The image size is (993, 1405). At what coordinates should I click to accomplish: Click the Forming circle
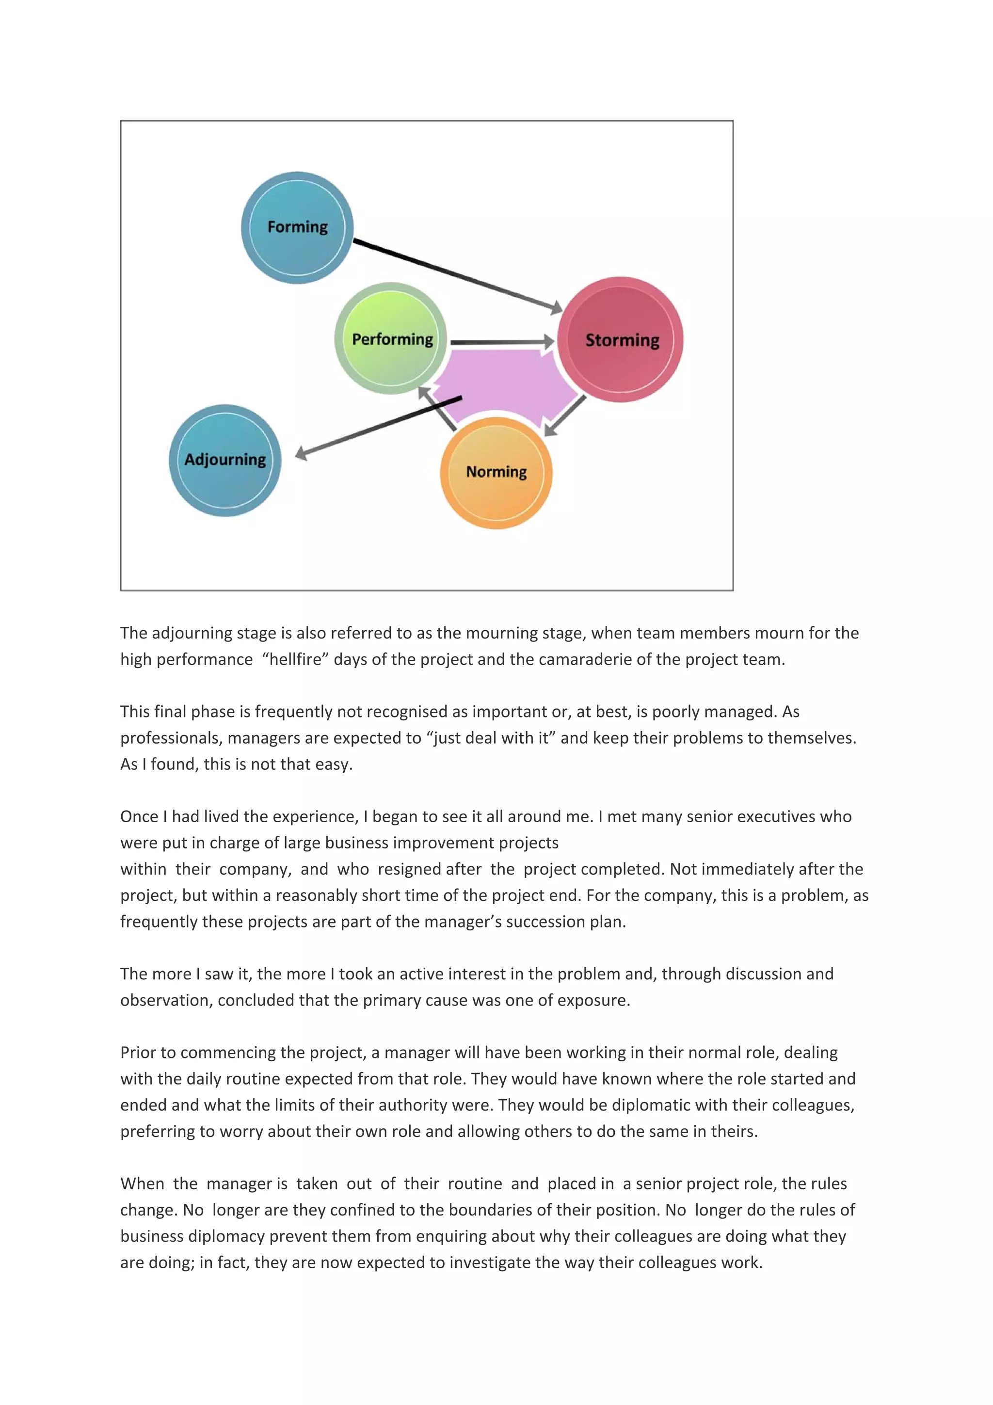pyautogui.click(x=297, y=228)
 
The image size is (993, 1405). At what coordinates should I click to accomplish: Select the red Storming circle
pyautogui.click(x=621, y=340)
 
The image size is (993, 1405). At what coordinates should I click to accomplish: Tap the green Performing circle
pyautogui.click(x=392, y=338)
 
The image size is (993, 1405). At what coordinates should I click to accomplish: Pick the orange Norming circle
pyautogui.click(x=496, y=472)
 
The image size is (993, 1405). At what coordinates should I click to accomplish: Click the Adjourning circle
pyautogui.click(x=225, y=460)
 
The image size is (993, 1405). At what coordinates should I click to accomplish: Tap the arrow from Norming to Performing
pyautogui.click(x=437, y=409)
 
